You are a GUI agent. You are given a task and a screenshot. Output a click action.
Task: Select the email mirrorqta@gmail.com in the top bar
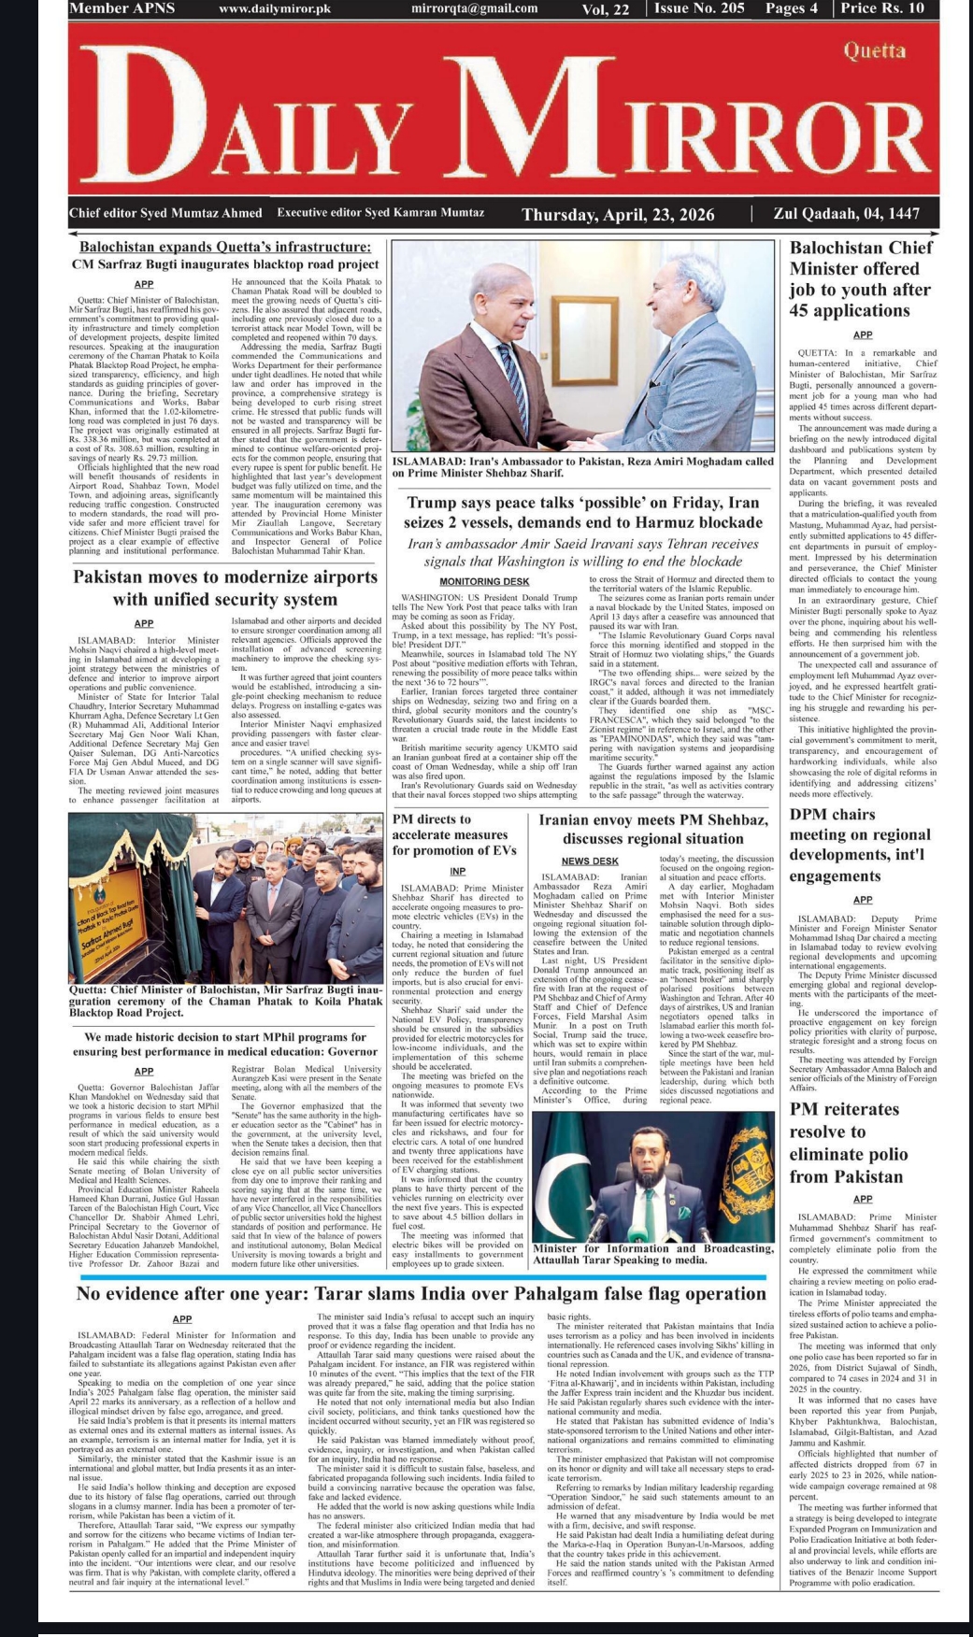pyautogui.click(x=474, y=8)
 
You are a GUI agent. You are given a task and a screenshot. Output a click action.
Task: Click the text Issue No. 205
pyautogui.click(x=699, y=8)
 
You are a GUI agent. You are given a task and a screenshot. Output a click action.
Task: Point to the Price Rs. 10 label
pyautogui.click(x=882, y=8)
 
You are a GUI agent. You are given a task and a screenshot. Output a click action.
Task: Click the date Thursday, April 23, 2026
pyautogui.click(x=618, y=215)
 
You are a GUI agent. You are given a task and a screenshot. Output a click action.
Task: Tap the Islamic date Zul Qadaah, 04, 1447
pyautogui.click(x=847, y=214)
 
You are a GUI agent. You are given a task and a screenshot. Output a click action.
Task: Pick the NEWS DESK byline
pyautogui.click(x=590, y=861)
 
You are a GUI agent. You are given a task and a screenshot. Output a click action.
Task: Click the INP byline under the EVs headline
pyautogui.click(x=457, y=871)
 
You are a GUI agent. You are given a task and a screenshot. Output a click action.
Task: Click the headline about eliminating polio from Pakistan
pyautogui.click(x=846, y=1143)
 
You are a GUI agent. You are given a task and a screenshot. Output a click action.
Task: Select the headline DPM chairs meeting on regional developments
pyautogui.click(x=860, y=845)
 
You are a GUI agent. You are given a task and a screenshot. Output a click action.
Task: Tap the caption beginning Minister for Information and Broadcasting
pyautogui.click(x=653, y=1254)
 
